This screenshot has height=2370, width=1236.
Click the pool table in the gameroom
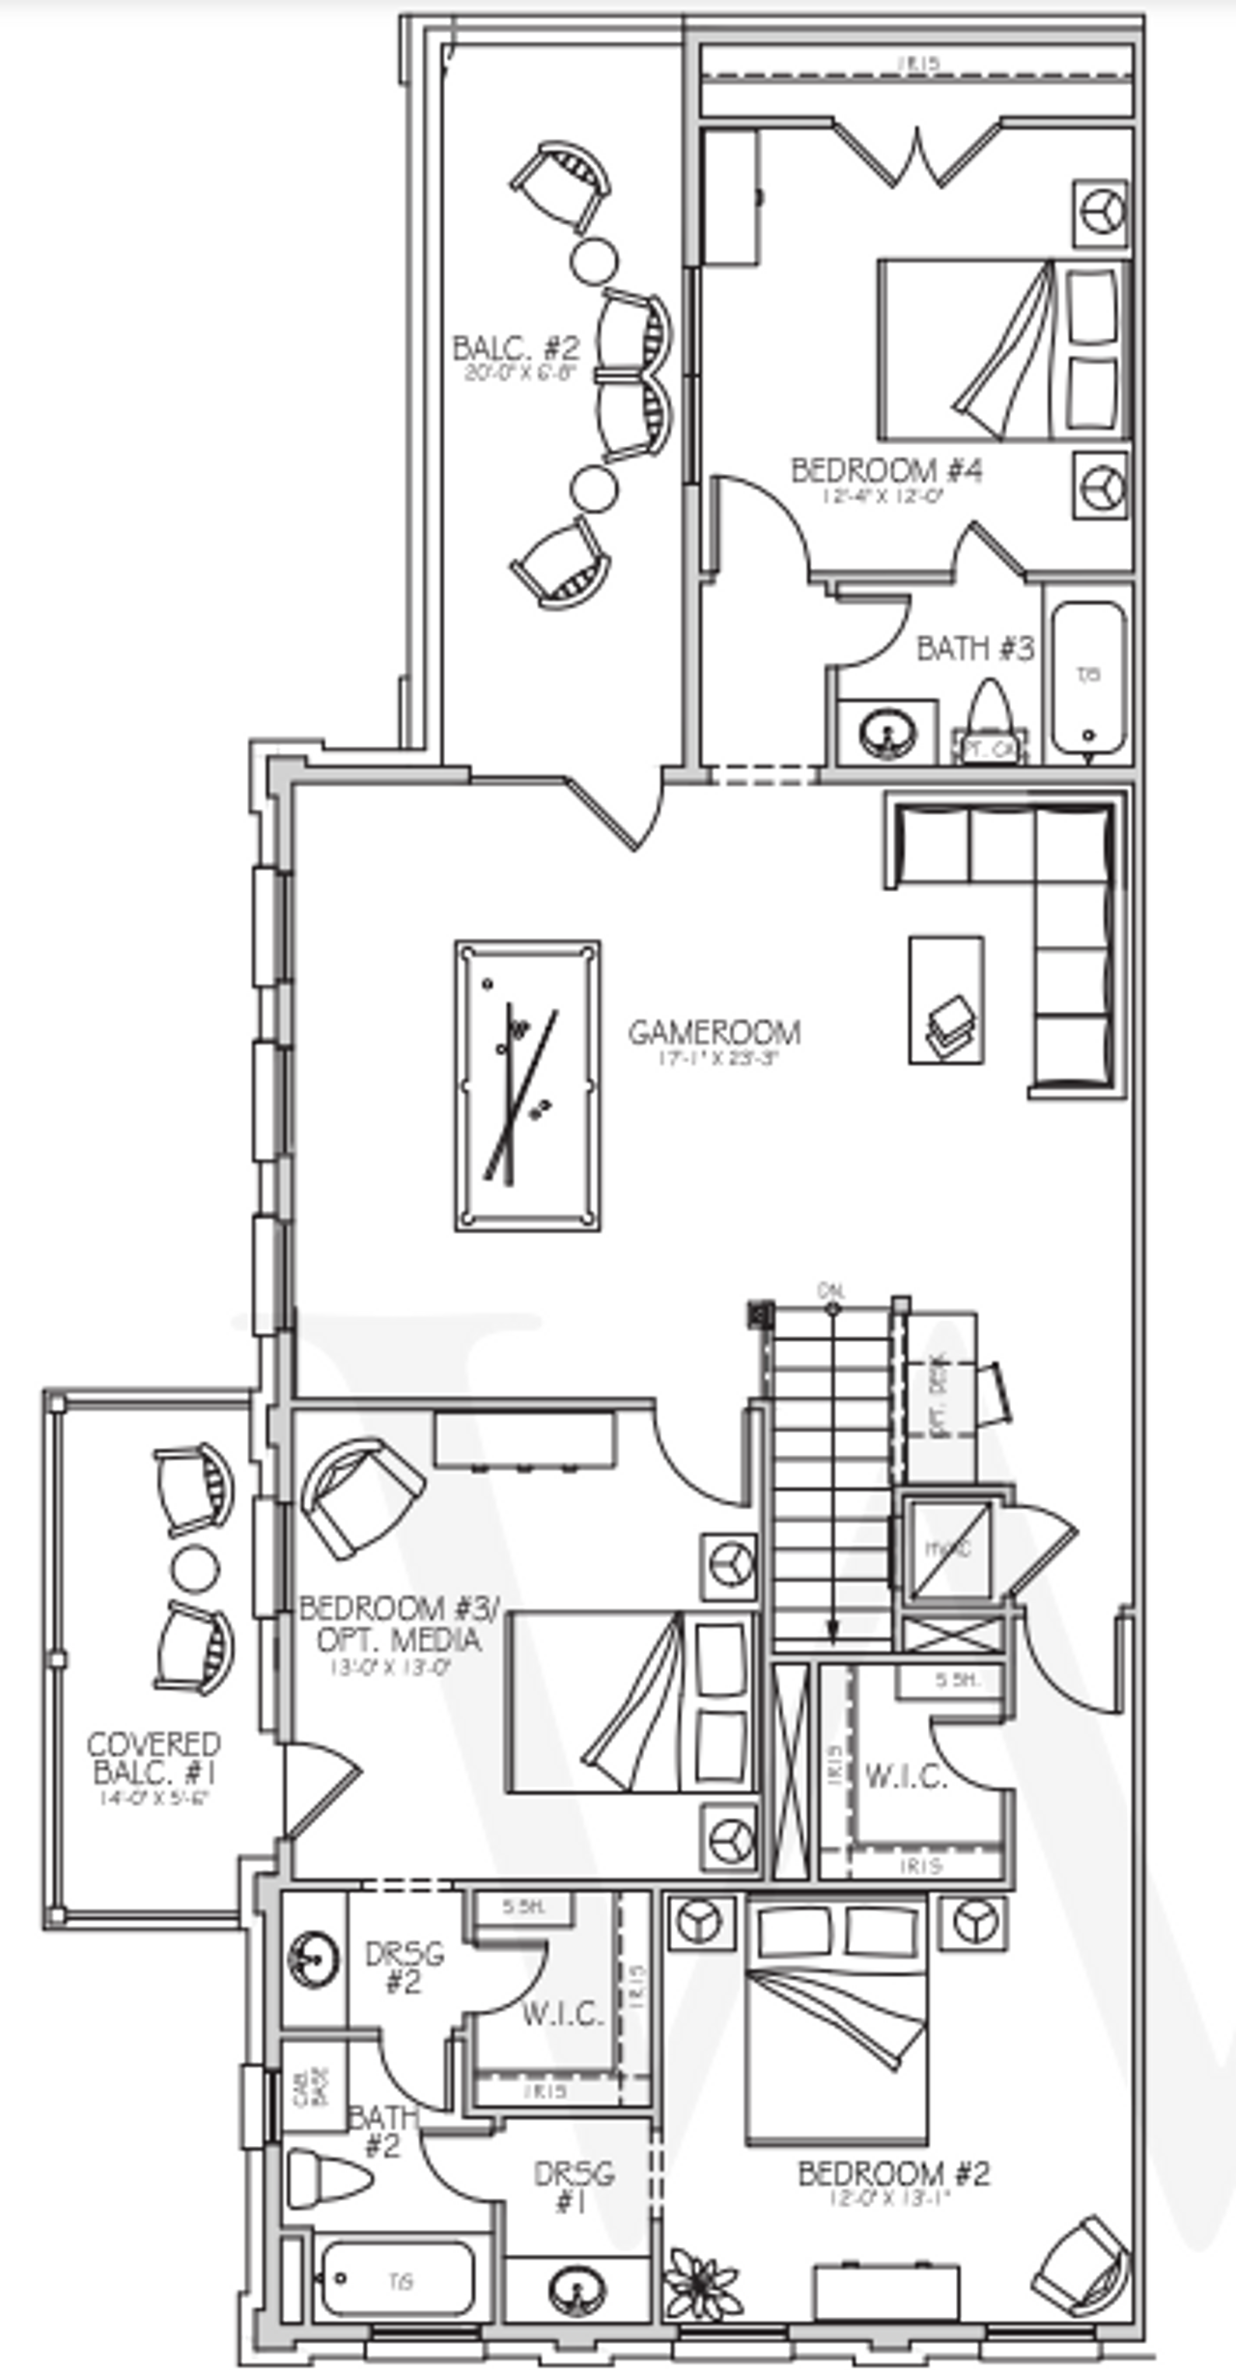pos(527,1085)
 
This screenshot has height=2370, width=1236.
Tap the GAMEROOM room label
pos(714,1032)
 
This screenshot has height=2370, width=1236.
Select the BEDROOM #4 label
pos(886,471)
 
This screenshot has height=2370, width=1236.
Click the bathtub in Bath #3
pos(1088,677)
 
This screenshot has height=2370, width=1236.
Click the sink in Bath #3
pos(887,733)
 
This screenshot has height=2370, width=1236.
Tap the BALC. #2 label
pos(516,347)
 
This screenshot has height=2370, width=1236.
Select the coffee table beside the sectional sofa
pos(946,999)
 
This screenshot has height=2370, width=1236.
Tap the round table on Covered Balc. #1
pos(195,1569)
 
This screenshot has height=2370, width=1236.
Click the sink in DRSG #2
pos(313,1959)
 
